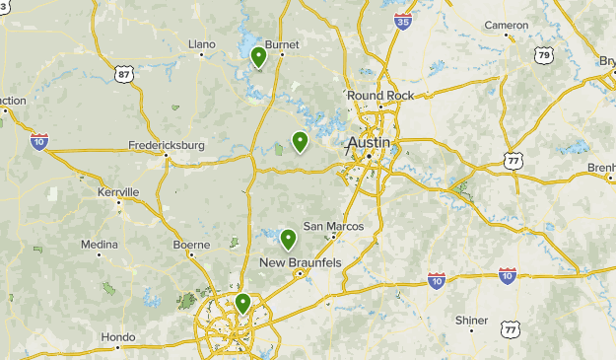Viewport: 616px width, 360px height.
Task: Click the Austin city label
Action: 369,143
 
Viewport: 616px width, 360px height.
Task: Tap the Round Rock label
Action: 379,95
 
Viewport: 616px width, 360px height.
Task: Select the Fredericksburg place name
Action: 167,145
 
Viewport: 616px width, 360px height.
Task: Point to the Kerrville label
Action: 118,191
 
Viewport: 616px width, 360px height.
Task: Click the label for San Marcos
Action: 332,226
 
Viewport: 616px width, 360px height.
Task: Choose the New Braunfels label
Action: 301,262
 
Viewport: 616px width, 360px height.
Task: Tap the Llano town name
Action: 201,43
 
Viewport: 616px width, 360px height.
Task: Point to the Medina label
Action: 100,244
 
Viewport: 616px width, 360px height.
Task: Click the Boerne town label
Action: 190,245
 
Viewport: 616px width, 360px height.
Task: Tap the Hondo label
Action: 117,336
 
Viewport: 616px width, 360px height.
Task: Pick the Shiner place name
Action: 471,320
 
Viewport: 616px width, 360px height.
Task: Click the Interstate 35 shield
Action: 402,20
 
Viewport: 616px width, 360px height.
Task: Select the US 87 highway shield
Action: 123,75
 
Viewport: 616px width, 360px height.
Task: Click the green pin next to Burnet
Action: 258,57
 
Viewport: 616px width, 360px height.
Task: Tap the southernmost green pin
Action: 242,304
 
